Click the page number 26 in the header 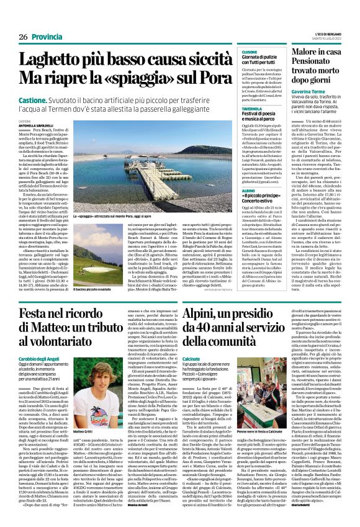24,37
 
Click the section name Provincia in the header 47,37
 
